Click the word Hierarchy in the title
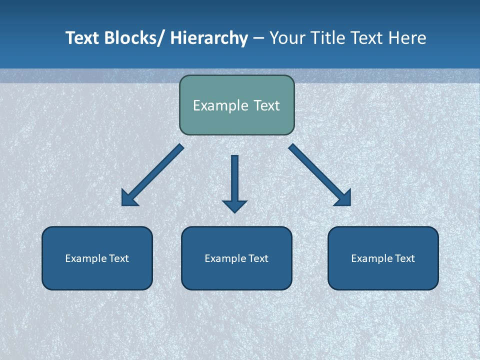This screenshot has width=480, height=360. coord(209,38)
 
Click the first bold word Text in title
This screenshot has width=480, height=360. coord(83,38)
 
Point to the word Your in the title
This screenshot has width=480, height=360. coord(286,38)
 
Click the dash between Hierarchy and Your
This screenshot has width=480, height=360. coord(258,38)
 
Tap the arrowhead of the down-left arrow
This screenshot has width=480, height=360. coord(129,198)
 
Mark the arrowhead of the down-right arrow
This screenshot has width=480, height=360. coord(343,198)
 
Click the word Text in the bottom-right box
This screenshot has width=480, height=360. coord(404,258)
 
